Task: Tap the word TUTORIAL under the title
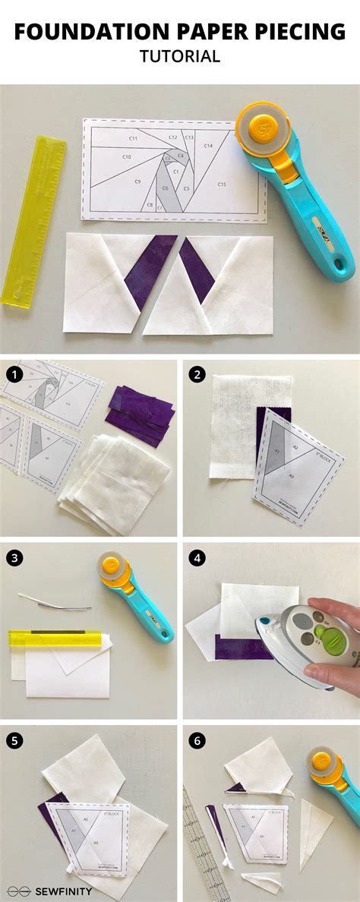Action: (x=179, y=57)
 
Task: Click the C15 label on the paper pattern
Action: (x=222, y=184)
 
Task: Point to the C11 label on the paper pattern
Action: (x=133, y=138)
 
